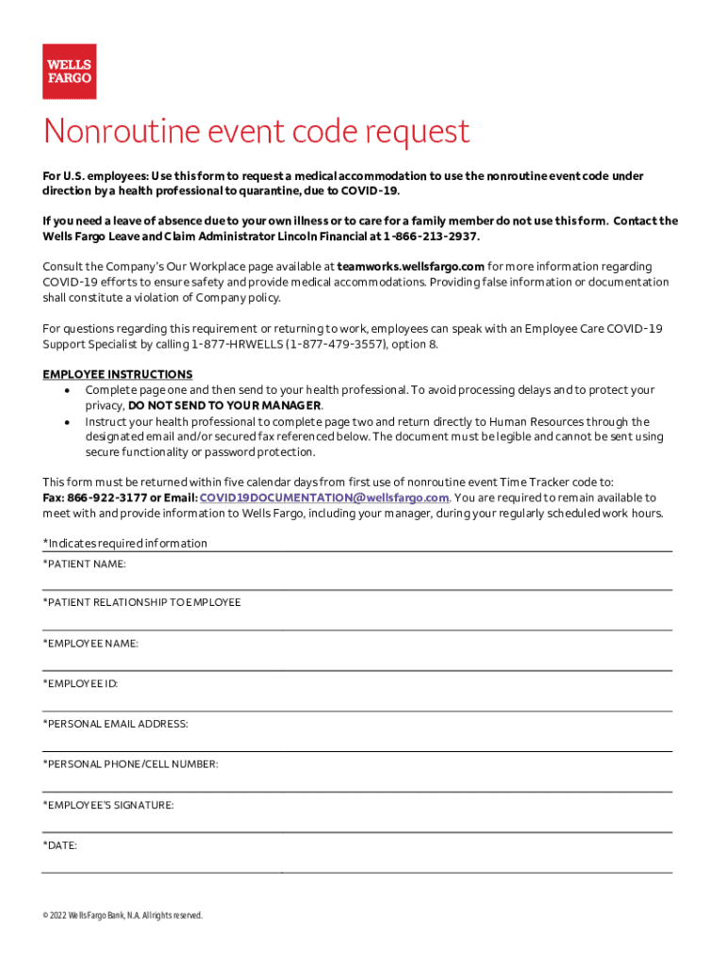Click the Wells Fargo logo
point(69,72)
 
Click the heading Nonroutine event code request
point(256,132)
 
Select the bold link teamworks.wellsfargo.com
point(410,267)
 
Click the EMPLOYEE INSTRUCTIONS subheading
point(118,374)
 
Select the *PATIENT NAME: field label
point(84,564)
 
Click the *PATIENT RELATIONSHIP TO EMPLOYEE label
point(141,602)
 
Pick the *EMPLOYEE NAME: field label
point(91,643)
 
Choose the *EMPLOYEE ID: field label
point(80,683)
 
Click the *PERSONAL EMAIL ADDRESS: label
point(115,724)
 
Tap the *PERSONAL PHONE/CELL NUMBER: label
point(130,764)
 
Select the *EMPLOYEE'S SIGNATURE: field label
point(107,805)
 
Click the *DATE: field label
point(60,845)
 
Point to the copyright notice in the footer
point(123,915)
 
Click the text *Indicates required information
point(124,543)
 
